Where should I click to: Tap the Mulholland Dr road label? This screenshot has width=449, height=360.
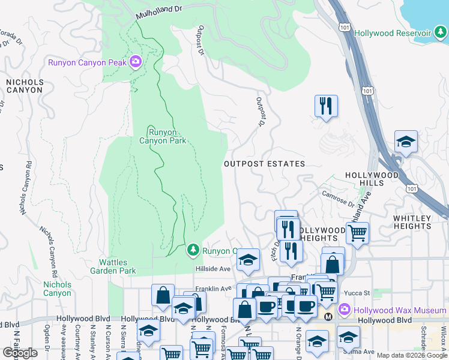pyautogui.click(x=158, y=12)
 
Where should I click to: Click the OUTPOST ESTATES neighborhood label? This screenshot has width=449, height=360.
pyautogui.click(x=264, y=164)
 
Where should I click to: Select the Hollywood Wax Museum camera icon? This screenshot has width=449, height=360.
pyautogui.click(x=345, y=310)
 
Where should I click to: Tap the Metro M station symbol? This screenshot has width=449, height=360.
pyautogui.click(x=328, y=316)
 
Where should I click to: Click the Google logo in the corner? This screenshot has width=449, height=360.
pyautogui.click(x=20, y=353)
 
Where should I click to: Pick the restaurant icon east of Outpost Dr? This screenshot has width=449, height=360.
pyautogui.click(x=326, y=106)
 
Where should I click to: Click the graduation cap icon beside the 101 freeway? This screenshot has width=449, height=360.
pyautogui.click(x=406, y=142)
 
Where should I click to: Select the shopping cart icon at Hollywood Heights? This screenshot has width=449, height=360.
pyautogui.click(x=357, y=232)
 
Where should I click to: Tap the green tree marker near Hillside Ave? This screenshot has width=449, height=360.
pyautogui.click(x=193, y=248)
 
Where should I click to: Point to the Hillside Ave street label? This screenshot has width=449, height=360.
pyautogui.click(x=213, y=269)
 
